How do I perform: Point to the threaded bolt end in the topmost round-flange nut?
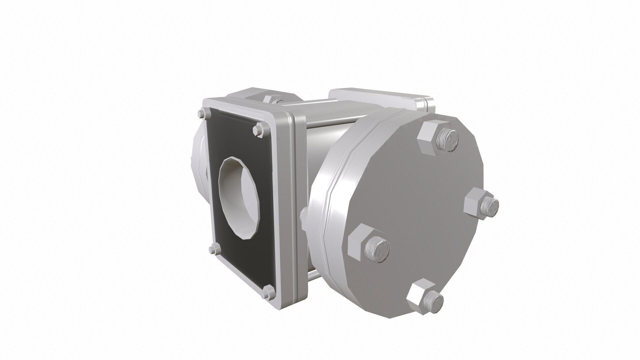447,140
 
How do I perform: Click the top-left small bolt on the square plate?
202,114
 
